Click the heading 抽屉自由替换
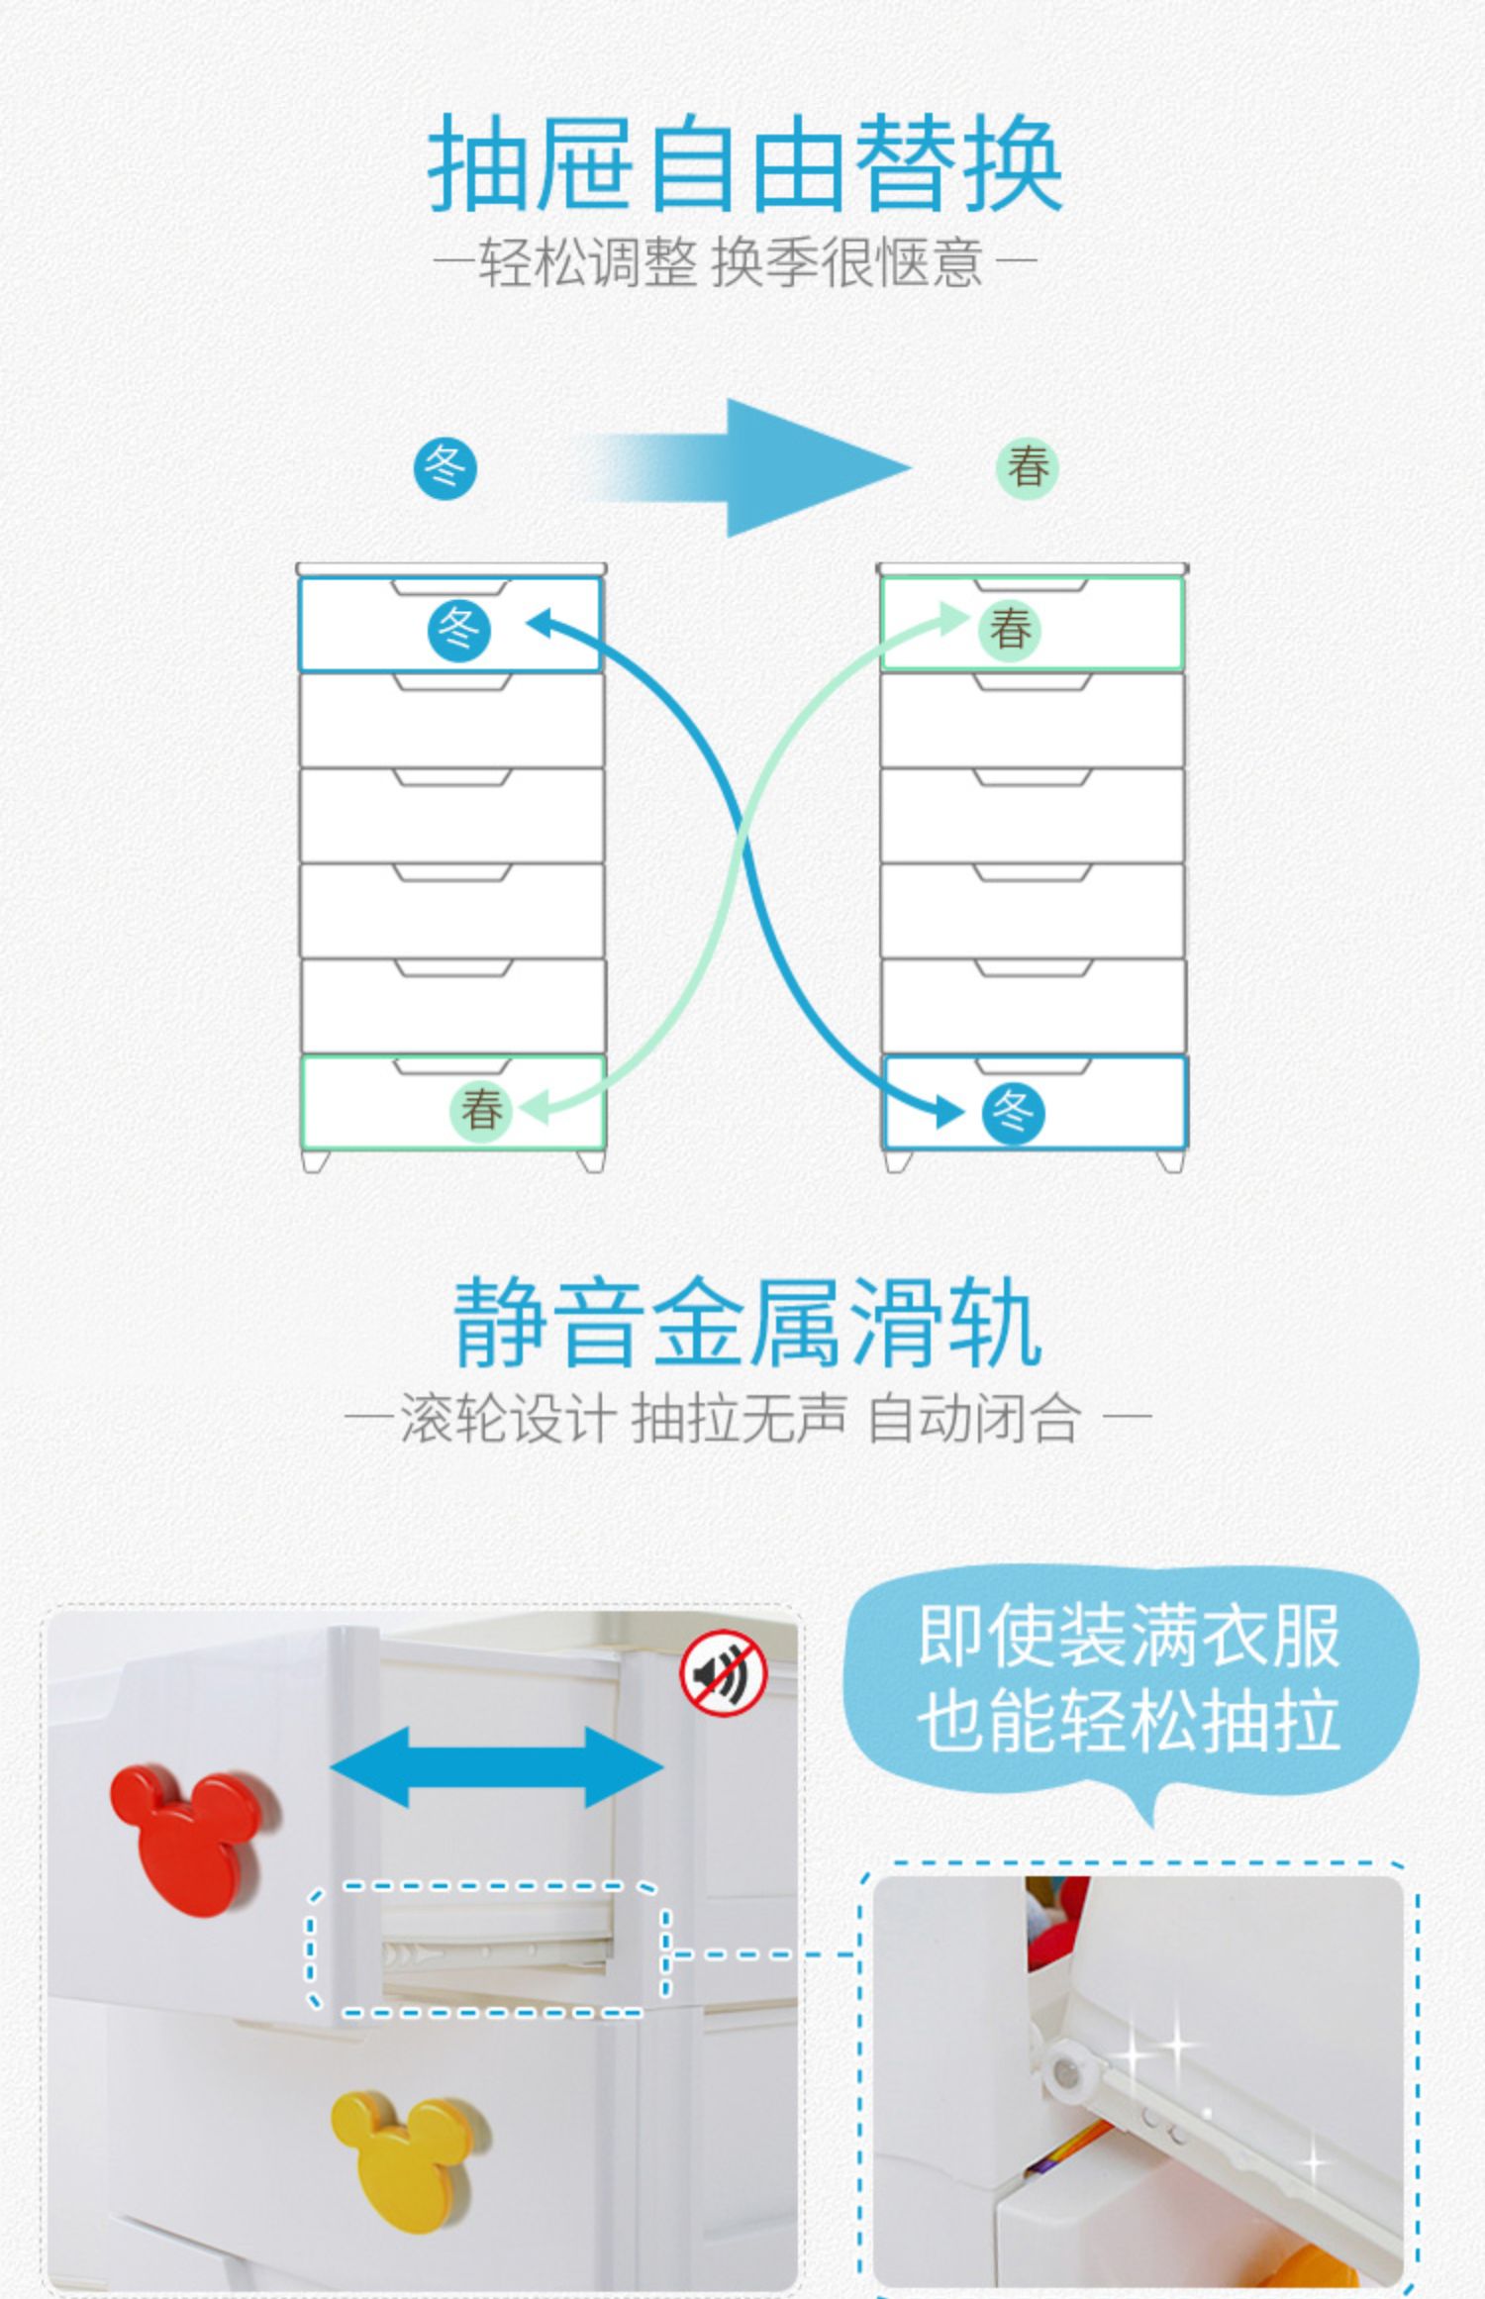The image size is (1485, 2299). (x=744, y=163)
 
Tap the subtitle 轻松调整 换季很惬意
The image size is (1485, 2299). (x=734, y=263)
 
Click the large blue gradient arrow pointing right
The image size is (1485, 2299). (x=752, y=468)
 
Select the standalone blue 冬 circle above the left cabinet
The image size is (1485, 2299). (x=445, y=468)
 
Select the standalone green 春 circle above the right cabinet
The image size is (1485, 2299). (x=1027, y=468)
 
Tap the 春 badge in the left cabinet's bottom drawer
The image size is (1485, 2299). (x=481, y=1108)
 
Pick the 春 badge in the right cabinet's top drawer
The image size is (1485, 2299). (x=1010, y=629)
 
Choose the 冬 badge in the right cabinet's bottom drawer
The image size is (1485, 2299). (x=1013, y=1114)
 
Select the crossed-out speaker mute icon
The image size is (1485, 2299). (x=724, y=1674)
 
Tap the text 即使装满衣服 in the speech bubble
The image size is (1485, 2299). (x=1129, y=1637)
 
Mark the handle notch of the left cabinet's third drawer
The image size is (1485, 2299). (x=452, y=777)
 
